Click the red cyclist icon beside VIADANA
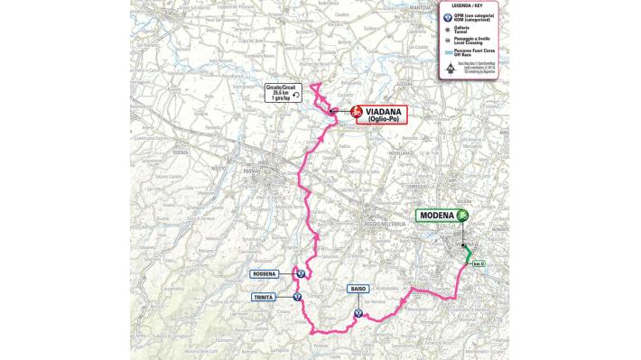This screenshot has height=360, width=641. coord(356,113)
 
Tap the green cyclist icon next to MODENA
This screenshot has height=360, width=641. coord(463,216)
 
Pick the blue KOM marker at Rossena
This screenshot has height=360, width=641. coord(300,273)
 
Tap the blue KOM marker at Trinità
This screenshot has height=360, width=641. coord(298,296)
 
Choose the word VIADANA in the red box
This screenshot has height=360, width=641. coord(385,110)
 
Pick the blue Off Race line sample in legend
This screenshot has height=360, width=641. coord(448,52)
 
